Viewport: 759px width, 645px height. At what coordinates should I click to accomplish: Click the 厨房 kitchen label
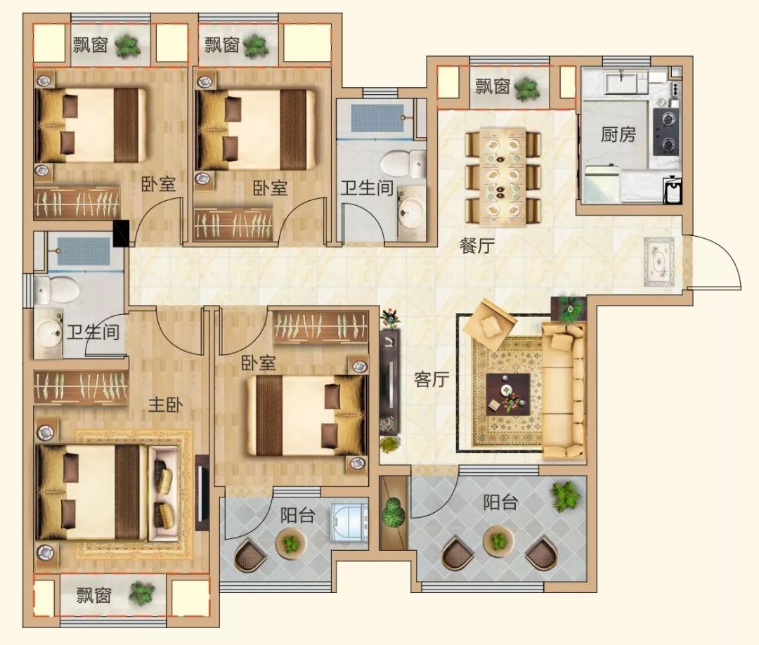618,134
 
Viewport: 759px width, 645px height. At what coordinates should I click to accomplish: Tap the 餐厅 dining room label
476,246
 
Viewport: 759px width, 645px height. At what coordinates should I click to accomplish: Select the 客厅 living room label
432,379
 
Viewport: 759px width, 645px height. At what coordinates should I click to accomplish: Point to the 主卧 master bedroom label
166,405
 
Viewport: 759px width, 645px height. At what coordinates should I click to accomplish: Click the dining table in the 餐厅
503,176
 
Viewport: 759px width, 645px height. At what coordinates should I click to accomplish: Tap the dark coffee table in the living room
508,394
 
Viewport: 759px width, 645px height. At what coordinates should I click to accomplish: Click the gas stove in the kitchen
666,131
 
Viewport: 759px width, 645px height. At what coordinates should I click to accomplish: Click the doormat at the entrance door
659,262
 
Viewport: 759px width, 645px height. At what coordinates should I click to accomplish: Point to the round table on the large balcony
498,540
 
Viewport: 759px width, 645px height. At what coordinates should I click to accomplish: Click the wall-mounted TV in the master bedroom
202,492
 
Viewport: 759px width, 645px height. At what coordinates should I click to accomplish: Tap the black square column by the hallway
121,233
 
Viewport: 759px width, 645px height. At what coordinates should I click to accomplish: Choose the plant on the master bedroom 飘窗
141,593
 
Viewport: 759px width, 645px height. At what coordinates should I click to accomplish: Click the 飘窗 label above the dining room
492,87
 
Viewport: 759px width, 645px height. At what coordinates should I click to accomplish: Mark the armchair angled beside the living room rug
489,324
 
